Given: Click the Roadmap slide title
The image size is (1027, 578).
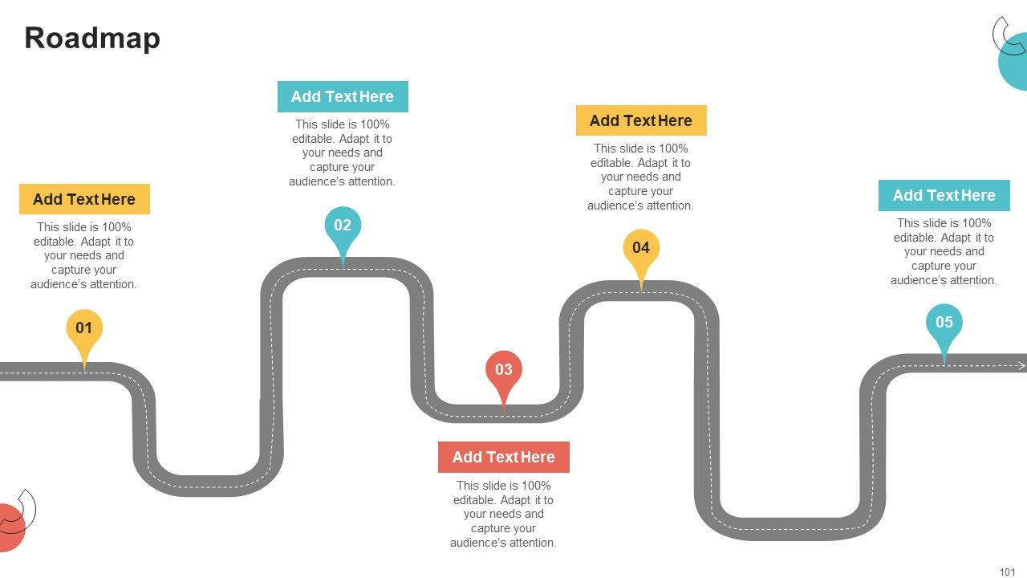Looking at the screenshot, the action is tap(92, 39).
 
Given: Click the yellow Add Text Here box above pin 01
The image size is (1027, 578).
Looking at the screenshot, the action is tap(84, 199).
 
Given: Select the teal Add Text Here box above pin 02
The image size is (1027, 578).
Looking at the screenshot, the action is tap(343, 97).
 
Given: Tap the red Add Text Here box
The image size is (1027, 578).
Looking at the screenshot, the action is tap(504, 457).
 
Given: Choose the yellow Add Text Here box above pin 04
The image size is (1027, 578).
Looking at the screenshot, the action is tap(641, 120).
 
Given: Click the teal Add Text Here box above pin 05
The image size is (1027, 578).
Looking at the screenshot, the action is tap(944, 195).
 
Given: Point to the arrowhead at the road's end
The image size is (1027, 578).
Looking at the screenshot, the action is tap(1021, 365).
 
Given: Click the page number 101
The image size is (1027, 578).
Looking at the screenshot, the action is tap(1007, 572).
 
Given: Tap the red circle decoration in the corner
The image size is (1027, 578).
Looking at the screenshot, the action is tap(10, 527).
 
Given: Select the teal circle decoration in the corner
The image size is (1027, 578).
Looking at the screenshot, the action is tap(1015, 62).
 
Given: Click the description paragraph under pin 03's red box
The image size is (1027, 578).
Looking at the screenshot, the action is tap(503, 514).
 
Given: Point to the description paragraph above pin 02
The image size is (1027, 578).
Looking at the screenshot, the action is tap(342, 153).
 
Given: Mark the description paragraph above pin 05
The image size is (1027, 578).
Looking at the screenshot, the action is tap(944, 251).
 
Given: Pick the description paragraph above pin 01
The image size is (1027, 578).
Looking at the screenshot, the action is tap(84, 255).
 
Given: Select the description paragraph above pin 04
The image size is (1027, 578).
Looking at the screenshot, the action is tap(640, 177).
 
